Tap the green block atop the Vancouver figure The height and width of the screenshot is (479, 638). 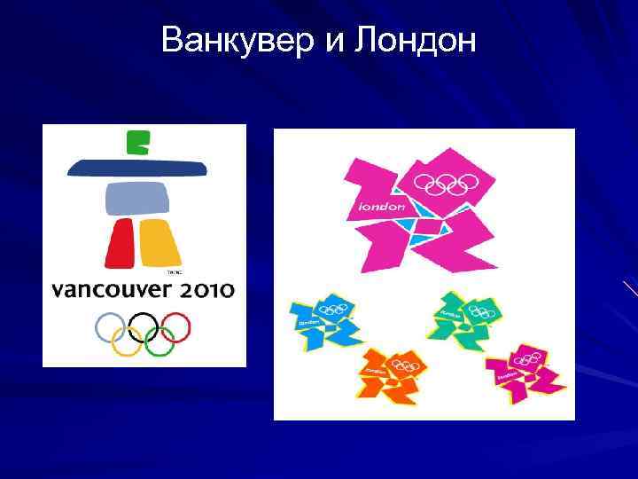point(138,142)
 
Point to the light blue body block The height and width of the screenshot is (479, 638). point(137,198)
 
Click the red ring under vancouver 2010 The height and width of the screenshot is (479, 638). point(177,325)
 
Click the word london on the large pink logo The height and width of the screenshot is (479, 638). point(381,207)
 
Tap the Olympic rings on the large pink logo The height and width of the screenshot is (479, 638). point(447,184)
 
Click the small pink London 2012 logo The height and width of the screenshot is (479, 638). point(523,369)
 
